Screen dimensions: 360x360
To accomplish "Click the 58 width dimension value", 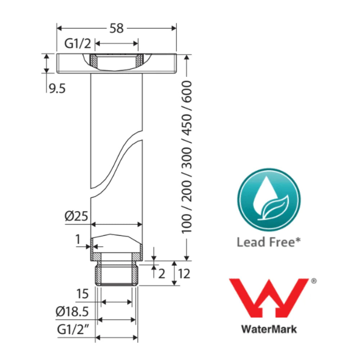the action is coord(116,28).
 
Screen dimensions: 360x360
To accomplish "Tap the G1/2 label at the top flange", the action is coord(78,44).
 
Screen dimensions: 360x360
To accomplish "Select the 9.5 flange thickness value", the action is coord(57,89).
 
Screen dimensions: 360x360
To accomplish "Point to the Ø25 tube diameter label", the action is coord(76,216).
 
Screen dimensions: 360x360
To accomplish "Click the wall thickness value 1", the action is coord(78,239).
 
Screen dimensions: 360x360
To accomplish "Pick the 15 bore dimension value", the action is coord(82,294).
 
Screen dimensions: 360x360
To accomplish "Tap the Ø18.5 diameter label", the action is coord(72,312).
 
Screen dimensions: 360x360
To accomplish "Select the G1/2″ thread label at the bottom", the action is coord(73,330).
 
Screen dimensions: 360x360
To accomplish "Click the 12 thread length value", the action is coord(184,274).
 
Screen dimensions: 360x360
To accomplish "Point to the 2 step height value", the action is coord(162,274).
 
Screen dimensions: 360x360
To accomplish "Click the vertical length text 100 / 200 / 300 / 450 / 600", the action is coord(186,157).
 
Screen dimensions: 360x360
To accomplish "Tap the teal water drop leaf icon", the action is coord(269,199).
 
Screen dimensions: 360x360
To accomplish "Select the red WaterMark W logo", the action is coord(269,298).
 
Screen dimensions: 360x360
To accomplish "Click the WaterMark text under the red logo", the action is coord(269,329).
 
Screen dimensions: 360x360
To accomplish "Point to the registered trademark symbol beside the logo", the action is coord(314,281).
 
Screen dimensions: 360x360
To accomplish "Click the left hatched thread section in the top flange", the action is coord(93,60).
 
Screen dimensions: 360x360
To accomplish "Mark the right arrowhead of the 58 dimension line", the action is coord(174,28).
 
